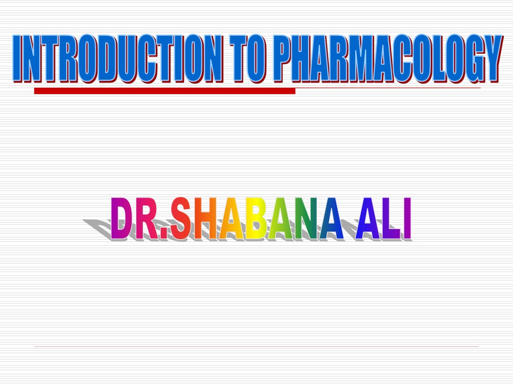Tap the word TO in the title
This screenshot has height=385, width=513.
(x=247, y=58)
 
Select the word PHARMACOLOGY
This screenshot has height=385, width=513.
(x=387, y=58)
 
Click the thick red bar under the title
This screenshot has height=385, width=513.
(x=164, y=91)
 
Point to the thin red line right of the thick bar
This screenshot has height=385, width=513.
(x=388, y=88)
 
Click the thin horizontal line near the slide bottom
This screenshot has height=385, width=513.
(x=256, y=346)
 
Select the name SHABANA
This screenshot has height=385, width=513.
(x=258, y=219)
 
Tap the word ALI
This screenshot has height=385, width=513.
(x=383, y=219)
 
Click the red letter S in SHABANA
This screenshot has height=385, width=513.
(x=181, y=219)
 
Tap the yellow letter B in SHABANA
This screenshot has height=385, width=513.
(x=255, y=219)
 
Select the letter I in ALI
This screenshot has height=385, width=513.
(x=407, y=219)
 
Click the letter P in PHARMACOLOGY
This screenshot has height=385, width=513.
(x=282, y=58)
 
